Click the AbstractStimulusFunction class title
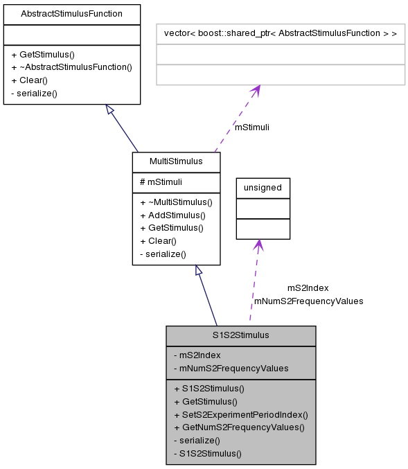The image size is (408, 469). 72,14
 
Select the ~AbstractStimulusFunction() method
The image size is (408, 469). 71,67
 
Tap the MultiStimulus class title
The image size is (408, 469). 176,161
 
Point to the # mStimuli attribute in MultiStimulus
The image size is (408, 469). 161,182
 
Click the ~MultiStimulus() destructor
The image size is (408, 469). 176,202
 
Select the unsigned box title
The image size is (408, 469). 263,187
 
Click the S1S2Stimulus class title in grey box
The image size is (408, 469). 240,335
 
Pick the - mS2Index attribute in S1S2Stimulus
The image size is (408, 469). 197,355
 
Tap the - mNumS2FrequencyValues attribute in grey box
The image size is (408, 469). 231,368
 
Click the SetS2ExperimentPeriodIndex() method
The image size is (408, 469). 240,414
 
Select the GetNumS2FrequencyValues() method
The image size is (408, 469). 239,427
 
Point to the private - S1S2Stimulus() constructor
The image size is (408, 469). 207,454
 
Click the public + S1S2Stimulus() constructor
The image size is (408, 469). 209,388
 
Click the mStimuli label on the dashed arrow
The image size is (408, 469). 252,127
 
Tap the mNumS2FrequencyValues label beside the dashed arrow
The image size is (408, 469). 308,301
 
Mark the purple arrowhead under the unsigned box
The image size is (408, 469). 258,245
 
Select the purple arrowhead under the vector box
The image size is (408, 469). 256,90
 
